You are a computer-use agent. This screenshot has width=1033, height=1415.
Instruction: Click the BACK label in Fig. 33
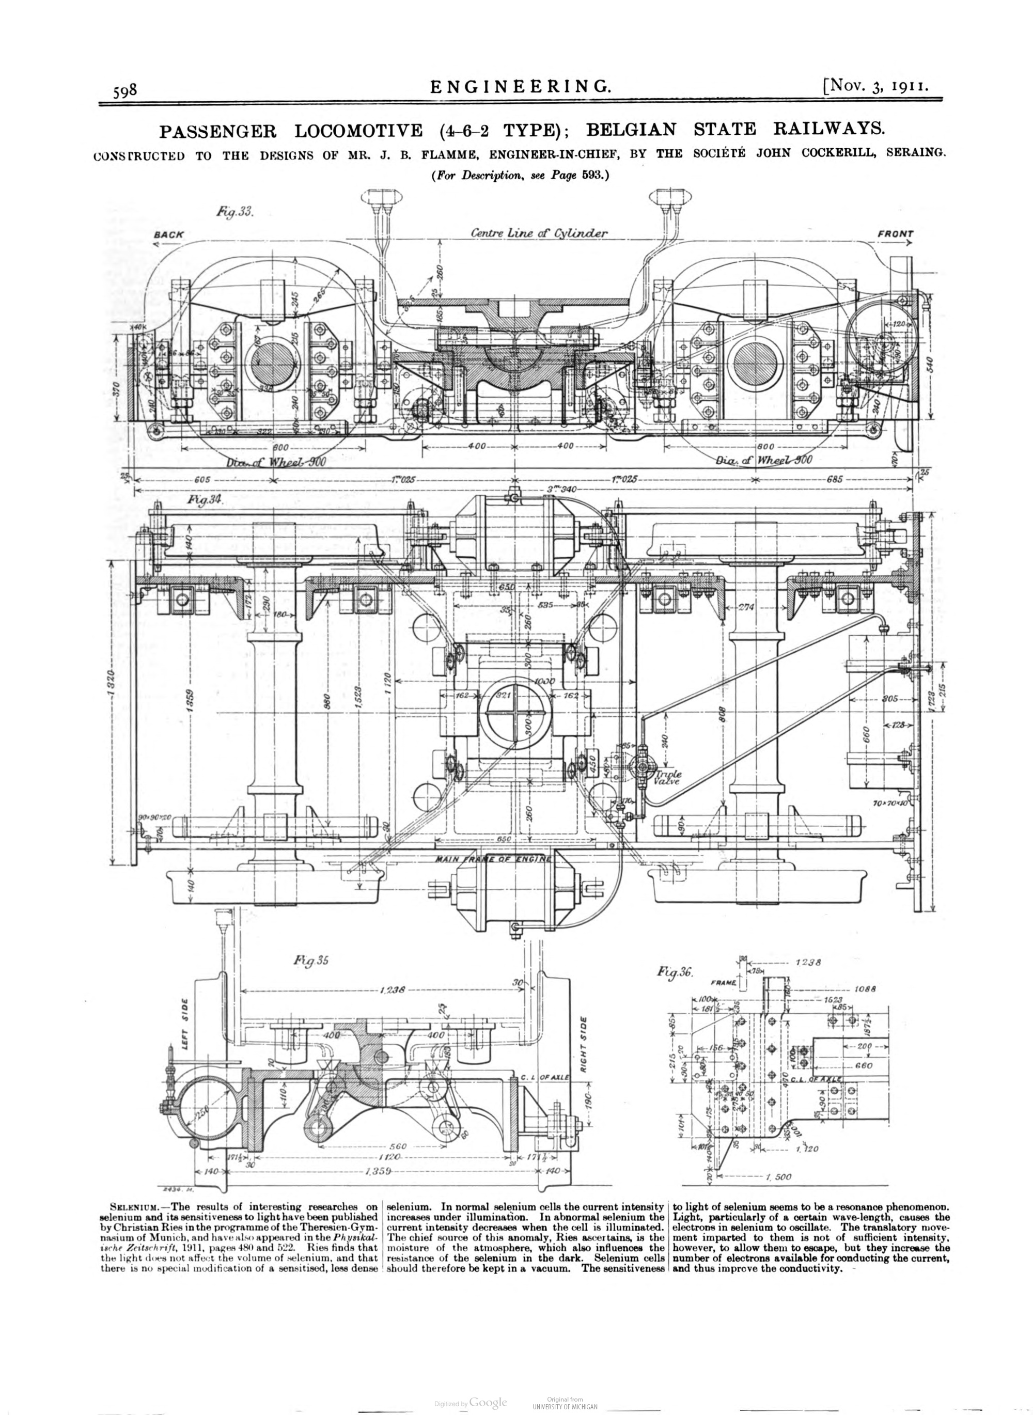[169, 235]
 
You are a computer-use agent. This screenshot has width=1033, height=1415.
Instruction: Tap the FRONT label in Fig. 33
[896, 234]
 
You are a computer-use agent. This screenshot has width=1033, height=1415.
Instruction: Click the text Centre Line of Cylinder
[539, 233]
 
